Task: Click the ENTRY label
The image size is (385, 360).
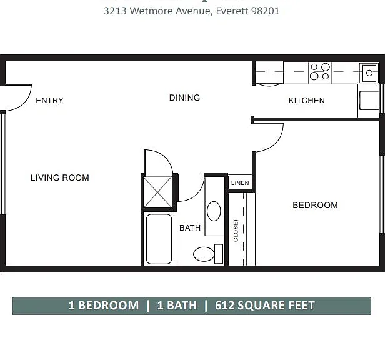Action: click(49, 100)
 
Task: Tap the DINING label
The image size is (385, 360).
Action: click(184, 97)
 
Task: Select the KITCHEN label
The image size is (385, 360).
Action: click(307, 100)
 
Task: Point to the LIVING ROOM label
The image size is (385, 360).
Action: click(59, 177)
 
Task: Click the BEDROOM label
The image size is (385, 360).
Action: click(315, 205)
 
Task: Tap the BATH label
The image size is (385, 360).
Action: click(190, 228)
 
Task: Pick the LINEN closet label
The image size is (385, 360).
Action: click(240, 183)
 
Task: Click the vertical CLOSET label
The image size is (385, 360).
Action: click(236, 230)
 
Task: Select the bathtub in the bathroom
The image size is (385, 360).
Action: click(159, 239)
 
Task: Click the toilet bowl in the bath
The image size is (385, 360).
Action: click(204, 254)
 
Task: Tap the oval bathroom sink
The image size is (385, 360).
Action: click(214, 211)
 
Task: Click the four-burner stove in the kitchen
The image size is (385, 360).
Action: click(320, 72)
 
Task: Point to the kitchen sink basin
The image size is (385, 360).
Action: click(369, 73)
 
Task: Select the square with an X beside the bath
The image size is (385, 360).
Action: click(157, 192)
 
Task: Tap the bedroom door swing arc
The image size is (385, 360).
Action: click(274, 143)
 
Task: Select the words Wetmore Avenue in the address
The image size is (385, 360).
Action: click(170, 11)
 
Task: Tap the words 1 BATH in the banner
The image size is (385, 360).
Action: click(177, 306)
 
